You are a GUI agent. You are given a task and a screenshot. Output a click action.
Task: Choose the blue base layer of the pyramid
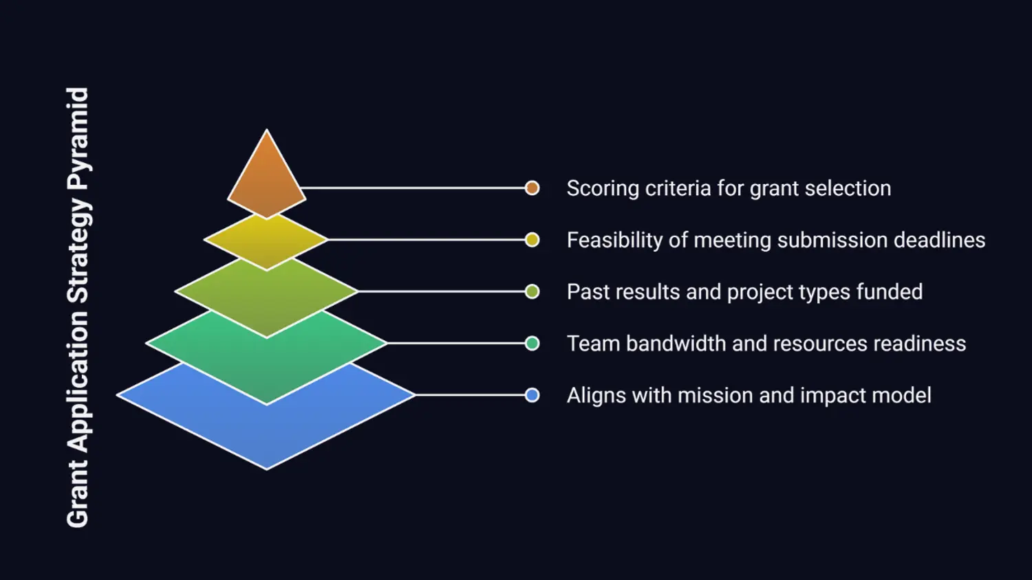point(266,426)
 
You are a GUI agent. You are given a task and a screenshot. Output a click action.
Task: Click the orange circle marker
point(532,188)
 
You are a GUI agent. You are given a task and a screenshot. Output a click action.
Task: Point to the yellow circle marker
point(532,240)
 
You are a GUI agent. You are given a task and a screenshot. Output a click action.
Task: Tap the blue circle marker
point(532,395)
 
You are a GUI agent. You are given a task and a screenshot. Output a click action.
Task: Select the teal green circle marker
point(532,343)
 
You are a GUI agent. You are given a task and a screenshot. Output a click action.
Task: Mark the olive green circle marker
point(532,291)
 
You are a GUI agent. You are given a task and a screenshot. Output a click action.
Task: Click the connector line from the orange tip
point(413,188)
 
